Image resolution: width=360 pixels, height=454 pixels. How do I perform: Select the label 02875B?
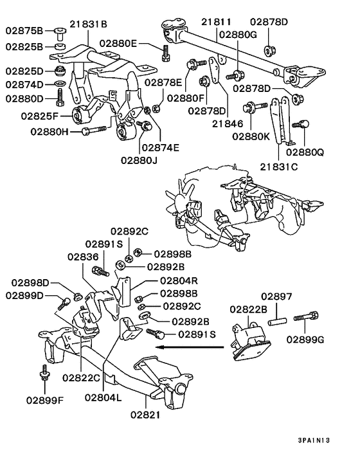tap(24, 30)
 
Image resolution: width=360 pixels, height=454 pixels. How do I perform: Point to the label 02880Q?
tap(305, 152)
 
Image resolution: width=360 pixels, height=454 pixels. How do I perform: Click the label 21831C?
tap(279, 167)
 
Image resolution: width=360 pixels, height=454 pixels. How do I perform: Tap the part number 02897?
tap(276, 297)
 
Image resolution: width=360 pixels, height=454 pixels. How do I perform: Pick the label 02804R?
tap(179, 280)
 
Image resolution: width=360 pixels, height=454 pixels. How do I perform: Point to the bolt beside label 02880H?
tap(96, 131)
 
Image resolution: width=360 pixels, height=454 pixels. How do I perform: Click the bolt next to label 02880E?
tap(166, 51)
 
